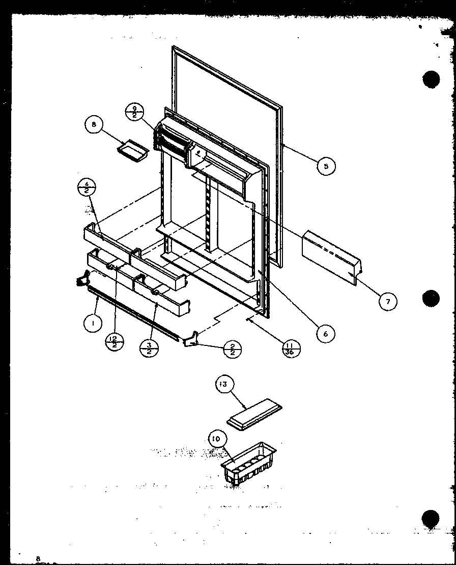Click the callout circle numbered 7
click(388, 301)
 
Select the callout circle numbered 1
click(93, 323)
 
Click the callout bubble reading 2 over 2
click(232, 349)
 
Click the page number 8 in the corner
click(37, 558)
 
